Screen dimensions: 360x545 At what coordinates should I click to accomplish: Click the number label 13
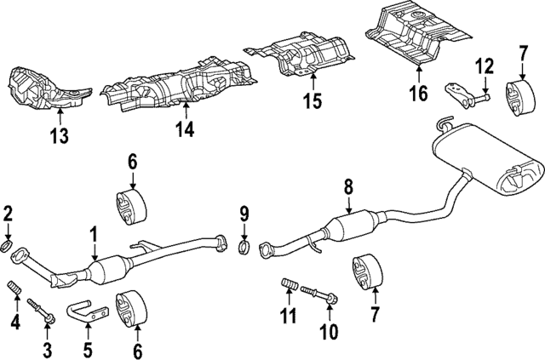(x=60, y=134)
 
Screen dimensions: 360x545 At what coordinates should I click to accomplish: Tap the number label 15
(x=312, y=102)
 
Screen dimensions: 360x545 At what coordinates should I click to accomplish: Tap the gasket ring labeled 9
(x=242, y=249)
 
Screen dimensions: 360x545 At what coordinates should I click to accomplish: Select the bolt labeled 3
(x=41, y=310)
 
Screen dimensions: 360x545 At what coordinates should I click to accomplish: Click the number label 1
(x=94, y=233)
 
